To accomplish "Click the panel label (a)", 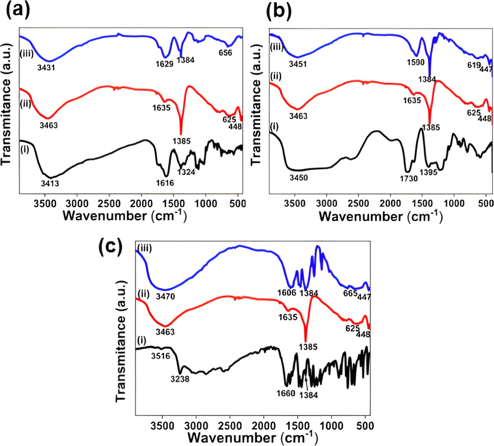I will [x=18, y=10].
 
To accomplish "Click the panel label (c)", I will [x=110, y=246].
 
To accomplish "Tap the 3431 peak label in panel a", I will [x=46, y=68].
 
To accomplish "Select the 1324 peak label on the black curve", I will [x=186, y=172].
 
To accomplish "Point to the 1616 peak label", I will [x=165, y=183].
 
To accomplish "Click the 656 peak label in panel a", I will [x=225, y=53].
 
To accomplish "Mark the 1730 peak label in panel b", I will [x=409, y=178].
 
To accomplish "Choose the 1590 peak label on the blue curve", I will [x=416, y=62].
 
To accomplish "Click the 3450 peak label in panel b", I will [x=299, y=178].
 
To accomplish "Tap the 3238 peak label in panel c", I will [x=180, y=379].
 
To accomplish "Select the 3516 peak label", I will [x=161, y=356].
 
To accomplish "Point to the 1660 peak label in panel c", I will [x=286, y=393].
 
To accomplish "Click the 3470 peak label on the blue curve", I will [x=165, y=296].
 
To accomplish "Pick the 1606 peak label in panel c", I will [x=287, y=292].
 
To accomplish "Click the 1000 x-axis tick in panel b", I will [x=454, y=203].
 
